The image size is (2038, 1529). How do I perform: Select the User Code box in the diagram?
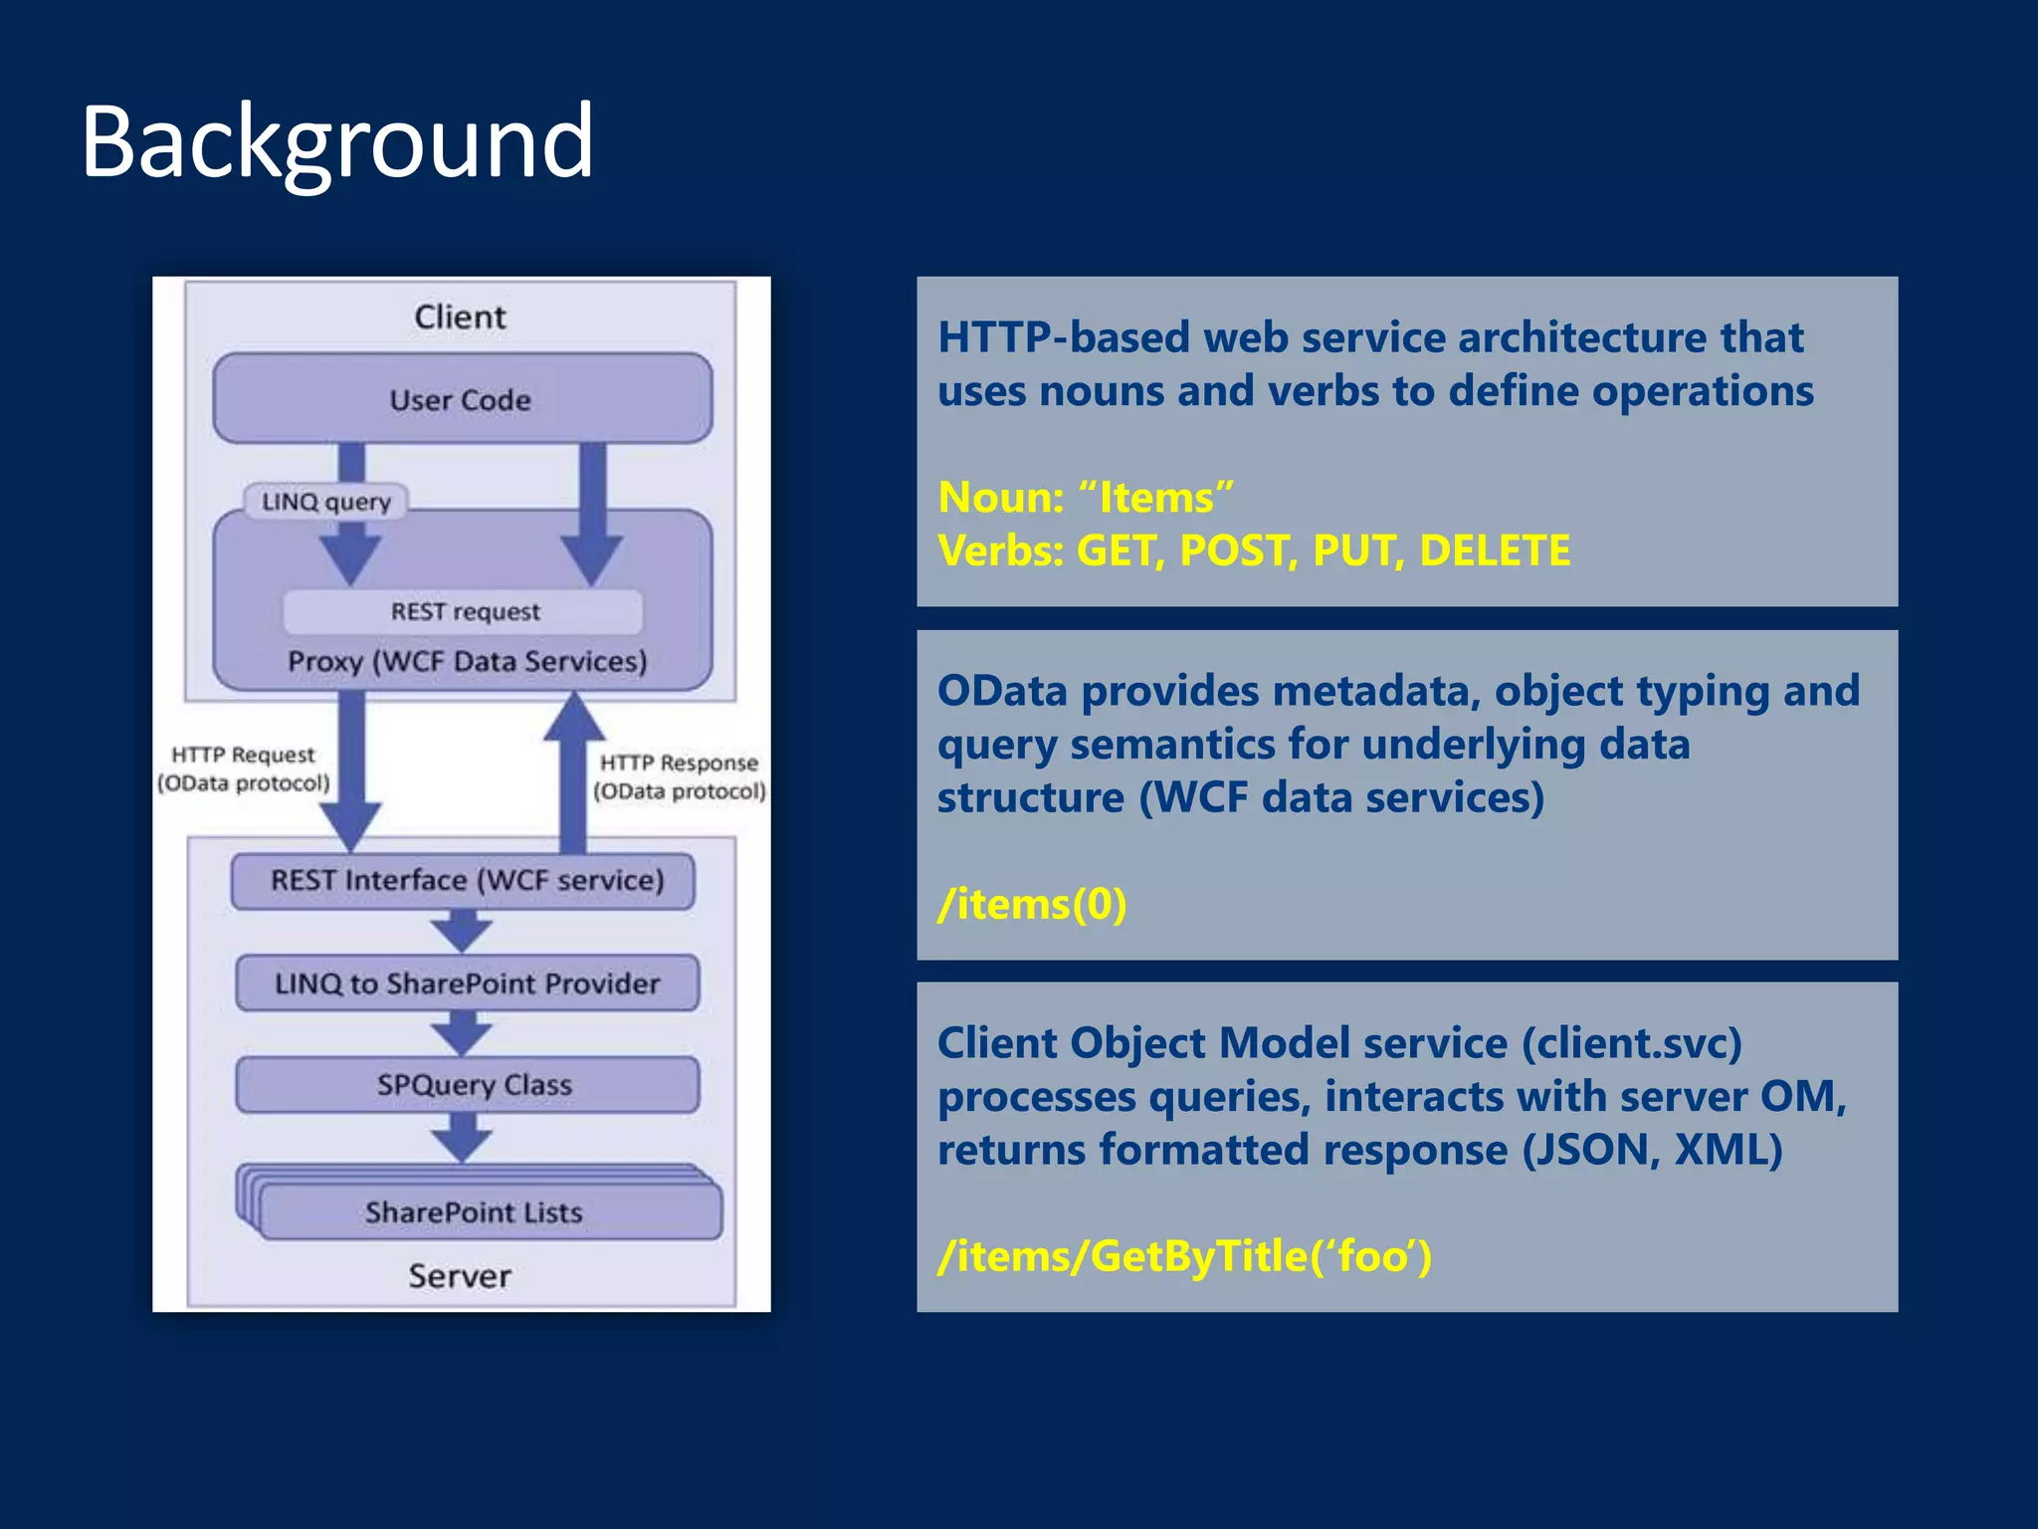pos(462,399)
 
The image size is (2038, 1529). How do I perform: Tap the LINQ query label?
pos(325,501)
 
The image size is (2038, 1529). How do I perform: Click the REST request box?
pos(464,611)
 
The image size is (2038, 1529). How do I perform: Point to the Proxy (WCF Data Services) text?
pos(467,661)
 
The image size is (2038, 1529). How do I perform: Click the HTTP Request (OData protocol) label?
pos(243,769)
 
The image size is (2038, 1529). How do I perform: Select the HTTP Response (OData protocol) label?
pos(680,776)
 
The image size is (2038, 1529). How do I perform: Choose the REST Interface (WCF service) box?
pos(464,881)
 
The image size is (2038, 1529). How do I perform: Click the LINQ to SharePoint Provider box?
pos(467,983)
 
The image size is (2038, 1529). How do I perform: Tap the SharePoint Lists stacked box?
pos(474,1211)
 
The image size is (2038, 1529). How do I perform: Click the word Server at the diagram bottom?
pos(460,1275)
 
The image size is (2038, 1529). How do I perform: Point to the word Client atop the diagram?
pos(460,317)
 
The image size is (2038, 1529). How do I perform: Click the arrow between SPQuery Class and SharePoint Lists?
pos(462,1137)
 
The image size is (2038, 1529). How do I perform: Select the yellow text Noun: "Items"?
pos(1085,497)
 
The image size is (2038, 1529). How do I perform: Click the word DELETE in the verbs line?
pos(1494,550)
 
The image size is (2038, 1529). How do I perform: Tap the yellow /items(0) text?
pos(1032,904)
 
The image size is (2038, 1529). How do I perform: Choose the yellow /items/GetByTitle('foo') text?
pos(1184,1256)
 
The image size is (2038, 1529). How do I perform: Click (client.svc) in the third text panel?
pos(1632,1043)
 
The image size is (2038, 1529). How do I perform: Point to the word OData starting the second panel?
pos(1002,691)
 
